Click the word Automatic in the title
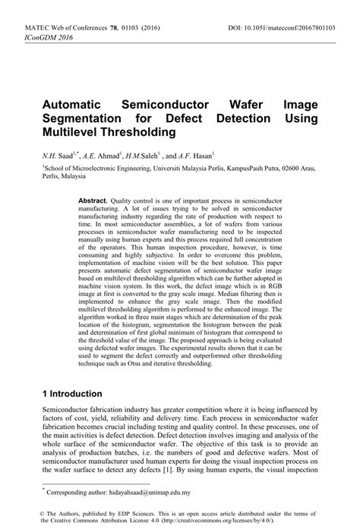[x=74, y=105]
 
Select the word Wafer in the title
[x=232, y=105]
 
